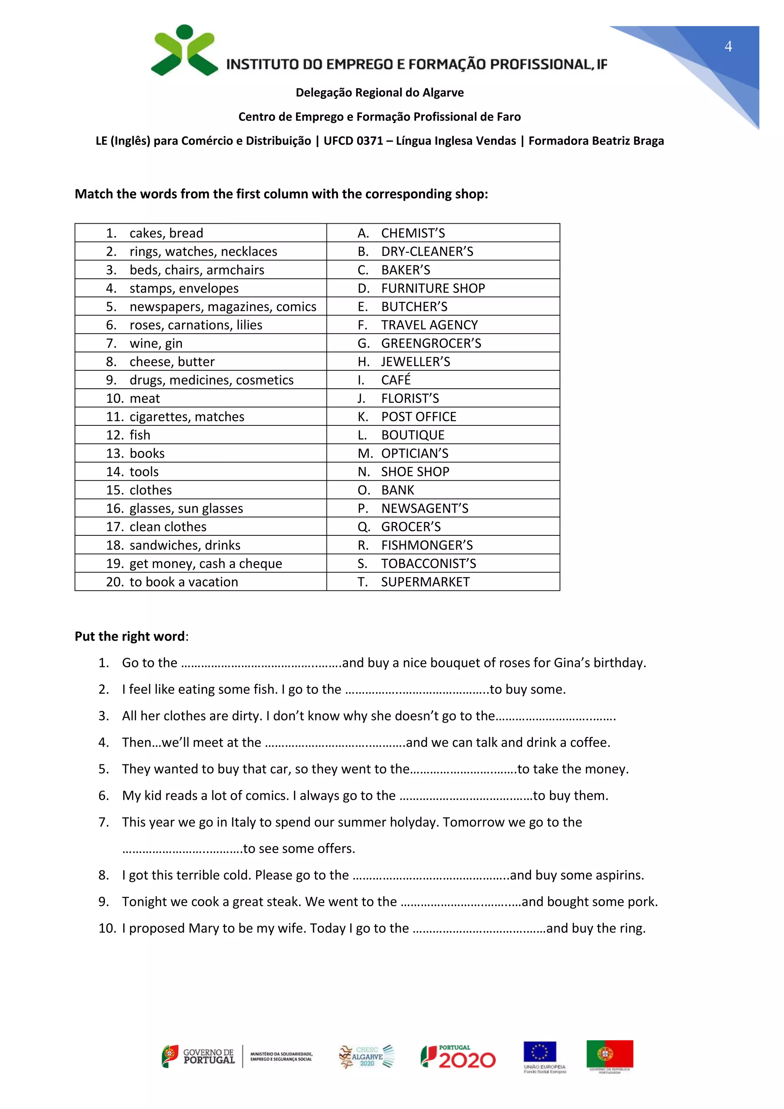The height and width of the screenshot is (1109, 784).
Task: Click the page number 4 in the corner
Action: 728,46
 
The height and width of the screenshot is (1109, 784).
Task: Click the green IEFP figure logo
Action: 184,51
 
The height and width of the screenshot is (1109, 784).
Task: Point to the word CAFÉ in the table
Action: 396,380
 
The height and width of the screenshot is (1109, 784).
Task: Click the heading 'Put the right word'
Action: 130,636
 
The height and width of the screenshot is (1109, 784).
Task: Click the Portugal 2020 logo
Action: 458,1057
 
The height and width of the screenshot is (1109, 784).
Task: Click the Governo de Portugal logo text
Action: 208,1057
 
